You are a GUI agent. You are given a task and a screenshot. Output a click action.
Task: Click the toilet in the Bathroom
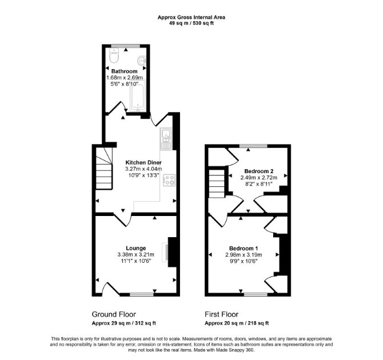(114, 55)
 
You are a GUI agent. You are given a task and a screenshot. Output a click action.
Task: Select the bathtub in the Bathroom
(138, 95)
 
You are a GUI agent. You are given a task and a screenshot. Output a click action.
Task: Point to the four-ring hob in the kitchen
(169, 180)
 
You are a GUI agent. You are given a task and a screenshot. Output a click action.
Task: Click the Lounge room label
(136, 248)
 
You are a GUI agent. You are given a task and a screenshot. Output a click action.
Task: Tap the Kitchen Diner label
(143, 162)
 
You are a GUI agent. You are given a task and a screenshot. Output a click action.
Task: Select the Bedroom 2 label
(259, 171)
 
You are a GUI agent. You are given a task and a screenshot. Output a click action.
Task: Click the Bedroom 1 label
(244, 249)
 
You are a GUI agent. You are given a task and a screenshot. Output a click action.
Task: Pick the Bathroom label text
(124, 71)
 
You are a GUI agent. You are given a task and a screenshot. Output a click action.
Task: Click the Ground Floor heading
(114, 314)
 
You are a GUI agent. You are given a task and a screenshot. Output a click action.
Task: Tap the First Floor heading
(222, 314)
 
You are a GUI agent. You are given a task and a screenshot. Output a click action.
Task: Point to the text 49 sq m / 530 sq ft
(191, 23)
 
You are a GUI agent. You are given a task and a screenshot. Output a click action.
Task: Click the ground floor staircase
(104, 168)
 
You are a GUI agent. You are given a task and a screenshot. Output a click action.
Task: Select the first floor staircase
(217, 183)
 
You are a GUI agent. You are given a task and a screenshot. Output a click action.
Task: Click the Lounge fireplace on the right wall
(170, 252)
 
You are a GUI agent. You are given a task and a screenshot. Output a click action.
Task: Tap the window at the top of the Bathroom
(126, 46)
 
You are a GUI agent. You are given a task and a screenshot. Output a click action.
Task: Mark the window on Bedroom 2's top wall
(253, 146)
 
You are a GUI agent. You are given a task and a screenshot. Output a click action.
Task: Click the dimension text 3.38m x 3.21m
(136, 254)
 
